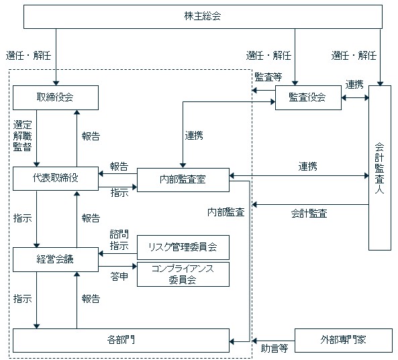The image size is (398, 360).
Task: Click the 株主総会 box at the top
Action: coord(203,17)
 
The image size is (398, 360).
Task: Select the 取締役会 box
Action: coord(56,97)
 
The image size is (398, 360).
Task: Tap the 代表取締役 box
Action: coord(56,179)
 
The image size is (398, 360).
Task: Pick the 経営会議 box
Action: coord(56,259)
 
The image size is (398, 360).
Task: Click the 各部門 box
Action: coord(121,341)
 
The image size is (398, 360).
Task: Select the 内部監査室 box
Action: coord(183,179)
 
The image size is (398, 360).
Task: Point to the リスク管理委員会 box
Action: coord(183,247)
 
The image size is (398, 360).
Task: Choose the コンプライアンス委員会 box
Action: coord(183,275)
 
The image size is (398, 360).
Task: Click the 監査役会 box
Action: coord(308,97)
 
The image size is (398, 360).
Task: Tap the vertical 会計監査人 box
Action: coord(380,168)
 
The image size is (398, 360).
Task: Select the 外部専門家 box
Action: coord(344,341)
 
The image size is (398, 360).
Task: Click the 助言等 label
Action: coord(275,348)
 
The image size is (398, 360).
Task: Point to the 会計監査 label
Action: coord(309,214)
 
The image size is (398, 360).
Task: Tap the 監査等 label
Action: coord(268,77)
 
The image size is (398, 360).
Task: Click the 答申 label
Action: coord(119,276)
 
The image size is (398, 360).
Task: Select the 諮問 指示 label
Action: coord(119,240)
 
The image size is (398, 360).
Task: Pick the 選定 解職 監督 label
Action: coord(23,136)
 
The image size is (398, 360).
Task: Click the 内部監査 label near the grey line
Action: coord(226,212)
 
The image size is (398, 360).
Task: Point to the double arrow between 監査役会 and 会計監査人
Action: coord(355,97)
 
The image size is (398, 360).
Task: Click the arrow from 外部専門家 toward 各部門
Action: coord(273,341)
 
